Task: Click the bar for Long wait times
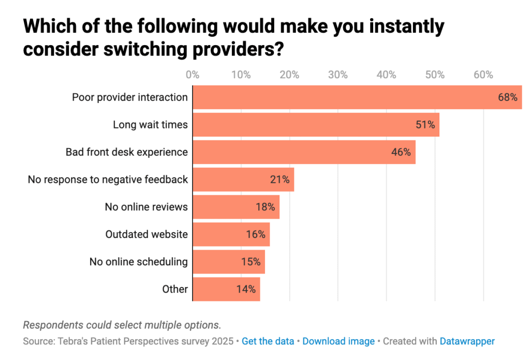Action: [x=316, y=125]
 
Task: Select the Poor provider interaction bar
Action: [x=357, y=97]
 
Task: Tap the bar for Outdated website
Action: [x=231, y=234]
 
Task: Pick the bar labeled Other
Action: [x=226, y=289]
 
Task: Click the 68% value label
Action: [x=507, y=97]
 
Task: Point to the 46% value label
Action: [x=401, y=152]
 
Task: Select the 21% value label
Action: [x=279, y=180]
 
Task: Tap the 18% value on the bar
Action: [x=265, y=207]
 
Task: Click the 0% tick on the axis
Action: [x=193, y=75]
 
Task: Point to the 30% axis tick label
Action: [x=338, y=75]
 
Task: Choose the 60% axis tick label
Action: [x=483, y=75]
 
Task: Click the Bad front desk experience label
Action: [x=126, y=152]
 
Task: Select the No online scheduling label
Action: [x=138, y=262]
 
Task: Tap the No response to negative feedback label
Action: [x=108, y=180]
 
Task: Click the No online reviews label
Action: [x=146, y=207]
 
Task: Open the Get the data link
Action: [x=268, y=341]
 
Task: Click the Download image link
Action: [x=338, y=341]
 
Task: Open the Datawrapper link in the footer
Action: [x=467, y=341]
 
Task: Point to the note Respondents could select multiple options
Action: [x=122, y=325]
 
